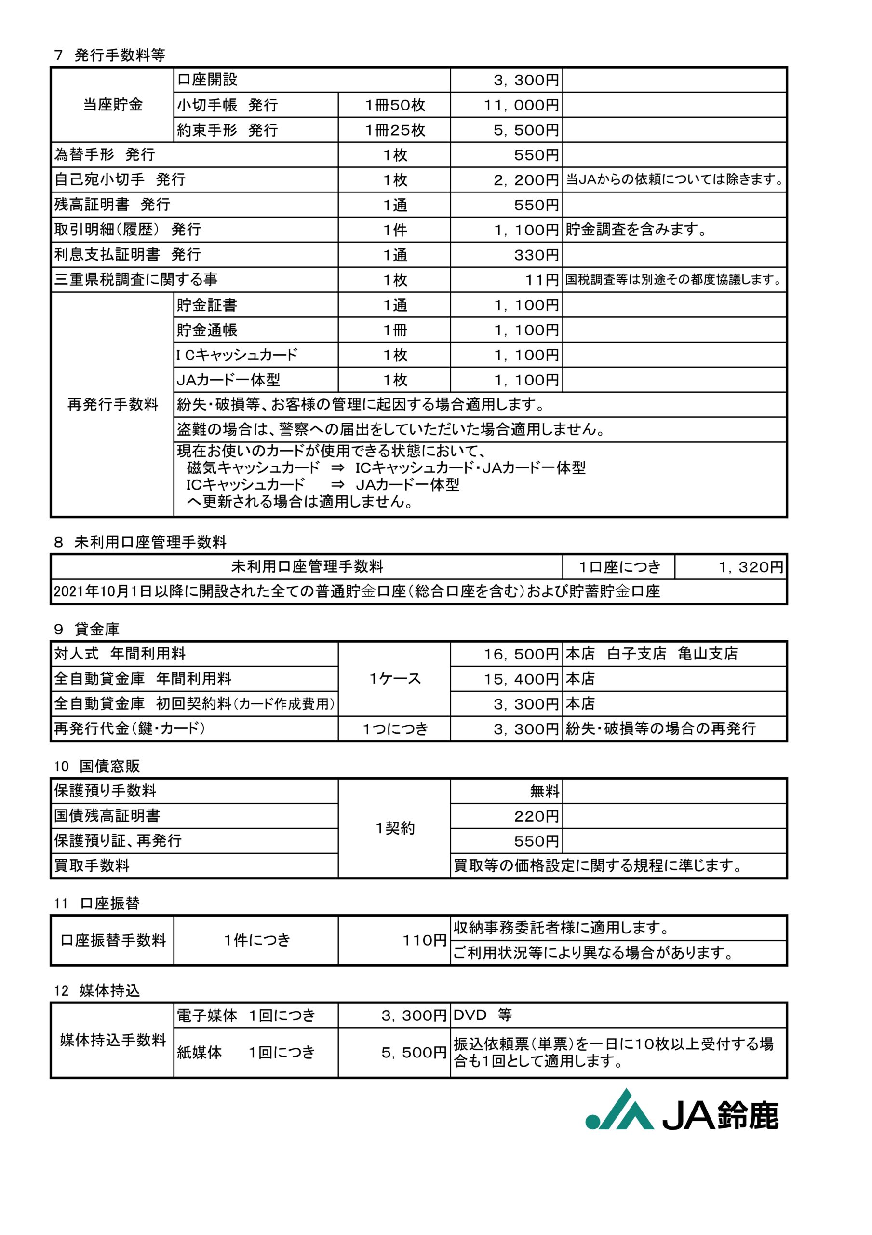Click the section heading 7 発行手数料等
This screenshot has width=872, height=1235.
pos(110,55)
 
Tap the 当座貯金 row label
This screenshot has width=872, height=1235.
pos(113,104)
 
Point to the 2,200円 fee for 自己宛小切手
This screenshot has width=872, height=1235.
pos(526,180)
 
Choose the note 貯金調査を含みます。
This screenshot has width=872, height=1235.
pos(635,230)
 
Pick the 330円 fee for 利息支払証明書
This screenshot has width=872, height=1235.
pos(536,255)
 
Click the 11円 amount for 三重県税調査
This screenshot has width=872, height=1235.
pos(542,280)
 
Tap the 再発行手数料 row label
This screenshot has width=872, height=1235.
pos(113,404)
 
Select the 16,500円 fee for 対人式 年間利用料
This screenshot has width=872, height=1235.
pos(521,654)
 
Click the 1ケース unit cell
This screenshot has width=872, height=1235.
pos(395,679)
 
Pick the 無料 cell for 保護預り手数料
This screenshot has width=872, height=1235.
pos(545,791)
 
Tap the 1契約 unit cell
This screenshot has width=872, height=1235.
pos(395,828)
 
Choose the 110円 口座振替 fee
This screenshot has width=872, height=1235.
pos(425,940)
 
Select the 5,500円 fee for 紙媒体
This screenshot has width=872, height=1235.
pos(414,1053)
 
